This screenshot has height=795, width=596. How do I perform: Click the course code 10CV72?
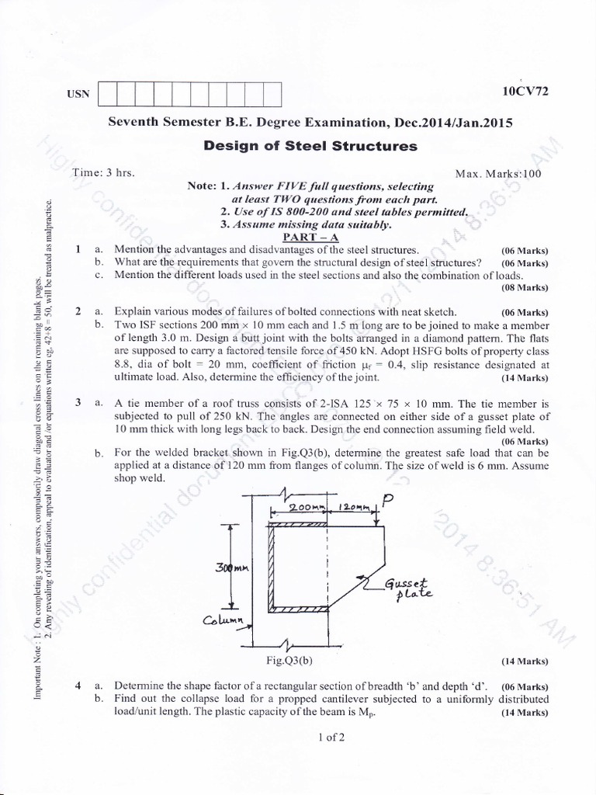click(x=525, y=91)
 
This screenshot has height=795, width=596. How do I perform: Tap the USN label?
click(x=78, y=94)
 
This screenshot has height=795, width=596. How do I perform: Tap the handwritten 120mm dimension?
click(x=355, y=508)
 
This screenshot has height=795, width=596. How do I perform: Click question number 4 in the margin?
click(x=78, y=686)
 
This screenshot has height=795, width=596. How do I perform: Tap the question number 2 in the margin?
click(x=78, y=311)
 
